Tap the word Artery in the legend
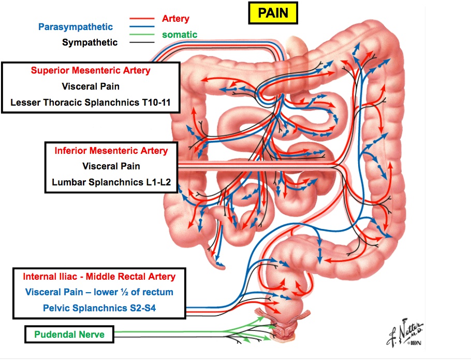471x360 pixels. [175, 19]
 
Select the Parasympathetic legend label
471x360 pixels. [76, 26]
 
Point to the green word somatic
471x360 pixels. [179, 35]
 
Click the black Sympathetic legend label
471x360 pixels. [90, 42]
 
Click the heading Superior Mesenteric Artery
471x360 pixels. [91, 70]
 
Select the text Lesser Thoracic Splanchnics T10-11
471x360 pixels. [91, 103]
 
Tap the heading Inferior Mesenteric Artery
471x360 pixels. [111, 151]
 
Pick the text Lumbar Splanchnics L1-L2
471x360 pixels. [111, 182]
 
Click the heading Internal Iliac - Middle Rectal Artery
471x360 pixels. [99, 277]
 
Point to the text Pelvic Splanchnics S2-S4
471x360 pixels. [98, 308]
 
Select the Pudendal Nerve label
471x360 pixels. [69, 335]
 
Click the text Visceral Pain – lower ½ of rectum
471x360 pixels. [98, 292]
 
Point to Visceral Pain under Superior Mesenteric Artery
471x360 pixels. [91, 87]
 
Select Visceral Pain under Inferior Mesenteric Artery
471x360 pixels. [111, 166]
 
